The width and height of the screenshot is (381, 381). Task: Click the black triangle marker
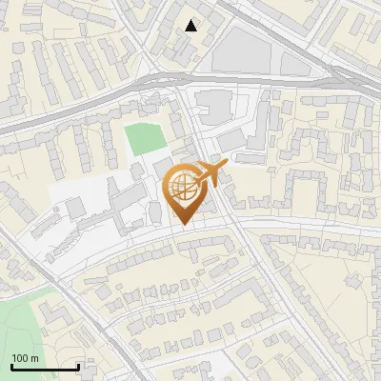191,26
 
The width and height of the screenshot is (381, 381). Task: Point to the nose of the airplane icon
227,166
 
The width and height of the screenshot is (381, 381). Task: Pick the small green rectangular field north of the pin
146,139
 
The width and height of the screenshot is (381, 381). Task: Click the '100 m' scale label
26,358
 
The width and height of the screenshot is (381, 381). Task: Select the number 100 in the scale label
21,358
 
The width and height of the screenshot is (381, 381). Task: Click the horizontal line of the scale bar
45,367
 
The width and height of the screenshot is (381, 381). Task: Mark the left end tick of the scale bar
11,365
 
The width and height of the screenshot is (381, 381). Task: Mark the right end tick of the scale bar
78,365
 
